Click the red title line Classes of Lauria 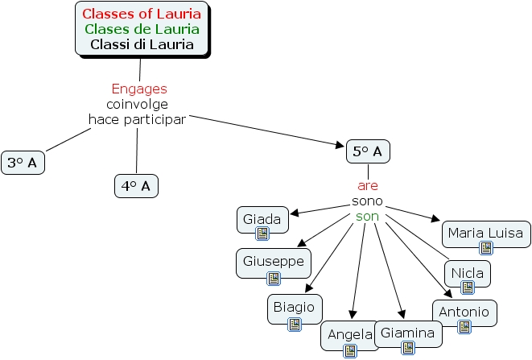[x=142, y=14]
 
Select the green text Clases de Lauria [x=142, y=29]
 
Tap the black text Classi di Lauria [x=142, y=44]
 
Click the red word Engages [x=138, y=89]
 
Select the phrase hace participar [x=137, y=119]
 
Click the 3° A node [x=23, y=163]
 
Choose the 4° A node [x=136, y=186]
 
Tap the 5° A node [x=368, y=151]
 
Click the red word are [x=368, y=185]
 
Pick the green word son [x=367, y=217]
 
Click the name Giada [x=262, y=218]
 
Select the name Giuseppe [x=274, y=261]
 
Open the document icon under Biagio [x=295, y=325]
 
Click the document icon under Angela [x=349, y=350]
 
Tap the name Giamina [x=407, y=333]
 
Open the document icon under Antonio [x=464, y=326]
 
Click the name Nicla [x=467, y=272]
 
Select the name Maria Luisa [x=486, y=233]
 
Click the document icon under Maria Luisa [x=486, y=248]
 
